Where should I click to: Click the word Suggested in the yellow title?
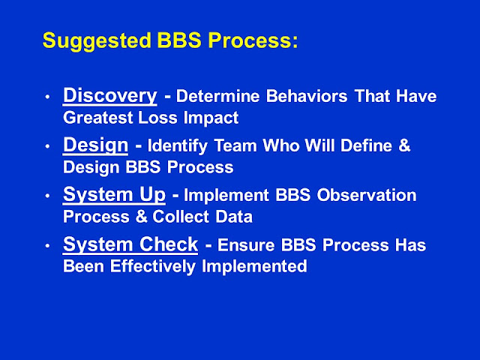point(97,41)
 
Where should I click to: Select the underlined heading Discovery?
point(110,96)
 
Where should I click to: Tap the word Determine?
point(218,96)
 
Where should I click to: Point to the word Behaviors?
point(307,96)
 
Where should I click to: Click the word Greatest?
point(98,118)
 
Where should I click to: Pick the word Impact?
point(211,118)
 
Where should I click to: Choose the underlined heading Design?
point(95,145)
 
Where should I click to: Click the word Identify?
point(178,145)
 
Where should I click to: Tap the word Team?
point(235,145)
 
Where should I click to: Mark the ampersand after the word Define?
point(404,145)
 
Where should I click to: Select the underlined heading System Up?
point(114,195)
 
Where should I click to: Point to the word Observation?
point(367,195)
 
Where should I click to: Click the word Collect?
point(181,217)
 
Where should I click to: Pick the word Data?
point(234,217)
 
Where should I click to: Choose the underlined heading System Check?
point(130,244)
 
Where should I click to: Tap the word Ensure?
point(246,245)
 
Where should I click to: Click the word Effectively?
point(153,267)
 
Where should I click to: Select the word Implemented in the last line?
point(254,267)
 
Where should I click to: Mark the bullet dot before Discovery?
point(47,97)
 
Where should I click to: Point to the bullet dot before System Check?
point(47,245)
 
